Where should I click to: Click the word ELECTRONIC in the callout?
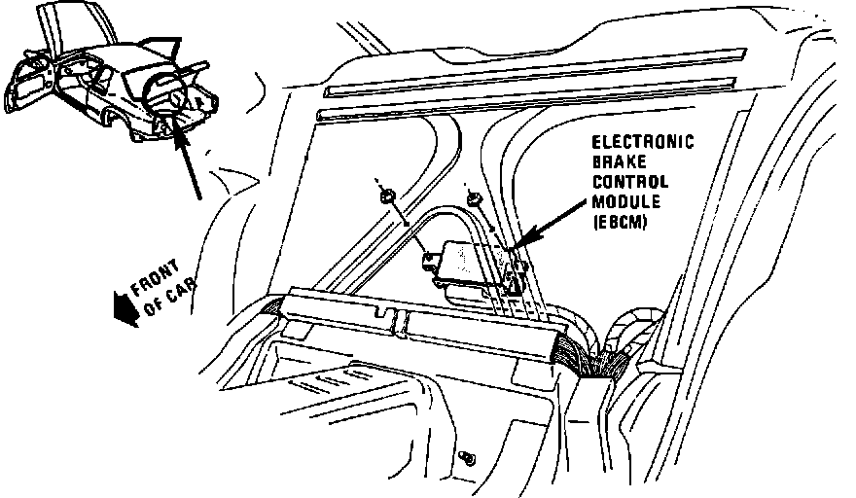tap(644, 143)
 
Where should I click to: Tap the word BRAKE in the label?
tap(615, 163)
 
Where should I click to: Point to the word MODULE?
tap(624, 201)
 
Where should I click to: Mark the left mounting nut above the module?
tap(387, 196)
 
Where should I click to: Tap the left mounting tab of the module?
tap(429, 259)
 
